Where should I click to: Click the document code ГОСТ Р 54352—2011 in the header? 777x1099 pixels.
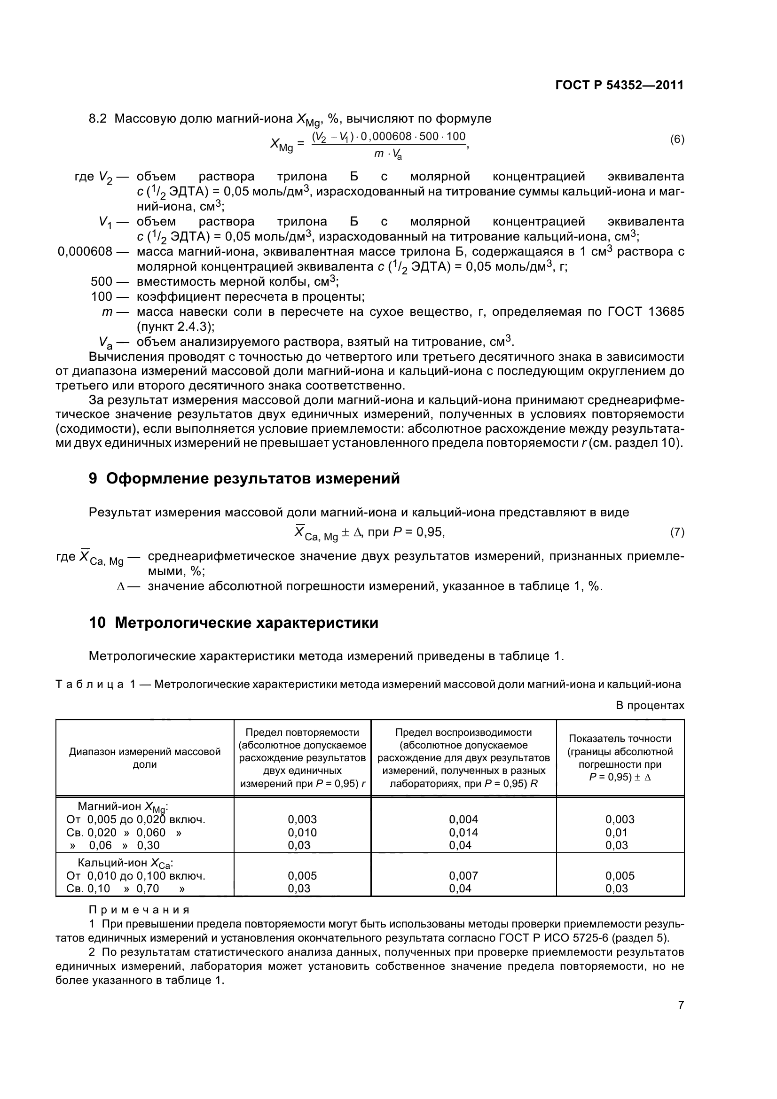click(x=619, y=85)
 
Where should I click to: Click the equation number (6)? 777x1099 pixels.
click(x=677, y=140)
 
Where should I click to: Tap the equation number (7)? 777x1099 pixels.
click(x=677, y=532)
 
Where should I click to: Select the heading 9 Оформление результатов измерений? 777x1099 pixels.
click(x=244, y=478)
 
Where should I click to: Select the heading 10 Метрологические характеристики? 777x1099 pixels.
click(x=234, y=623)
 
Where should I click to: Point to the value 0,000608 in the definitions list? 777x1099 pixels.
click(x=85, y=251)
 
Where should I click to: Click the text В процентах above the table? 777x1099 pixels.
click(x=650, y=706)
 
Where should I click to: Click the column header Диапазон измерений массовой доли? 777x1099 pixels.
click(x=145, y=758)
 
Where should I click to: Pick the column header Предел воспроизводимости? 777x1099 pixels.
click(x=463, y=733)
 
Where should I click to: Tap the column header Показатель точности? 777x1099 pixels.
click(x=620, y=739)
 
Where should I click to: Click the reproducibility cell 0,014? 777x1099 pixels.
click(x=463, y=833)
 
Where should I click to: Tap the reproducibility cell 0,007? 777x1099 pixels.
click(x=463, y=875)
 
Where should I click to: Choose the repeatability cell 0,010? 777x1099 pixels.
click(x=302, y=833)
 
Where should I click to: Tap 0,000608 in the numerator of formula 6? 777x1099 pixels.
click(x=386, y=136)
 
